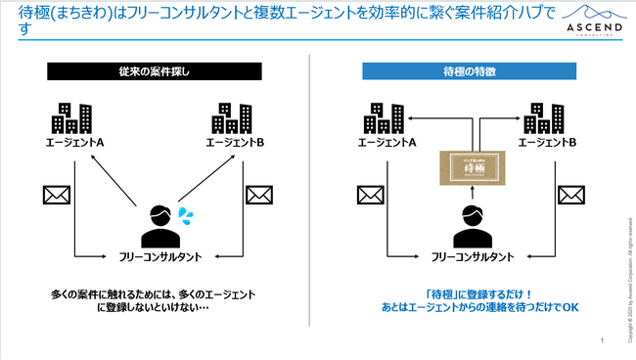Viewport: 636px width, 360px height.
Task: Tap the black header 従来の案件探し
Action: (x=154, y=71)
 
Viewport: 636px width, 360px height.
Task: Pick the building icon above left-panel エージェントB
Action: (x=231, y=118)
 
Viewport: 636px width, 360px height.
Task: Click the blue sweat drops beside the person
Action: (x=186, y=212)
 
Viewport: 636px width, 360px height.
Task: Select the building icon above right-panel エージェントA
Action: (x=385, y=118)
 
